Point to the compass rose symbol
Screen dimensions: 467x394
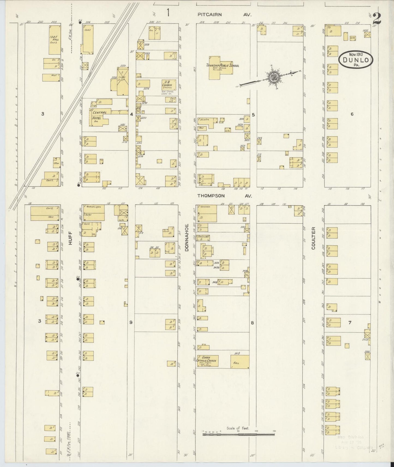pyautogui.click(x=273, y=77)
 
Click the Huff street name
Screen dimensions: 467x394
pyautogui.click(x=70, y=238)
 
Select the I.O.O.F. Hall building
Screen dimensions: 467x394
pyautogui.click(x=55, y=40)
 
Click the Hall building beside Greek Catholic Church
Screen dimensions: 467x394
pyautogui.click(x=240, y=362)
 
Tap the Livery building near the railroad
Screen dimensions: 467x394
pyautogui.click(x=122, y=81)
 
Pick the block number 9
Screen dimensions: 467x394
pyautogui.click(x=131, y=322)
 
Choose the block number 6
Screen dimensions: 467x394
pyautogui.click(x=352, y=114)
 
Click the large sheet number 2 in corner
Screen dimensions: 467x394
pyautogui.click(x=377, y=19)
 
